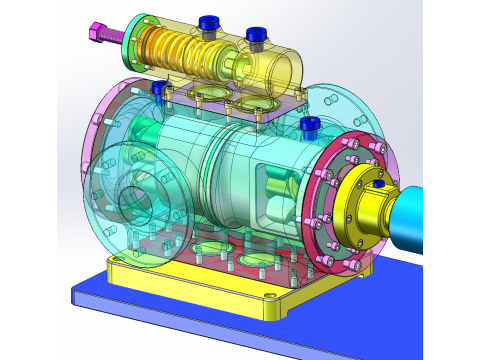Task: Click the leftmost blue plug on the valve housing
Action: [209, 22]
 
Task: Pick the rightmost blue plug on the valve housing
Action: [256, 36]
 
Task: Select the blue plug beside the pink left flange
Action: [158, 88]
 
